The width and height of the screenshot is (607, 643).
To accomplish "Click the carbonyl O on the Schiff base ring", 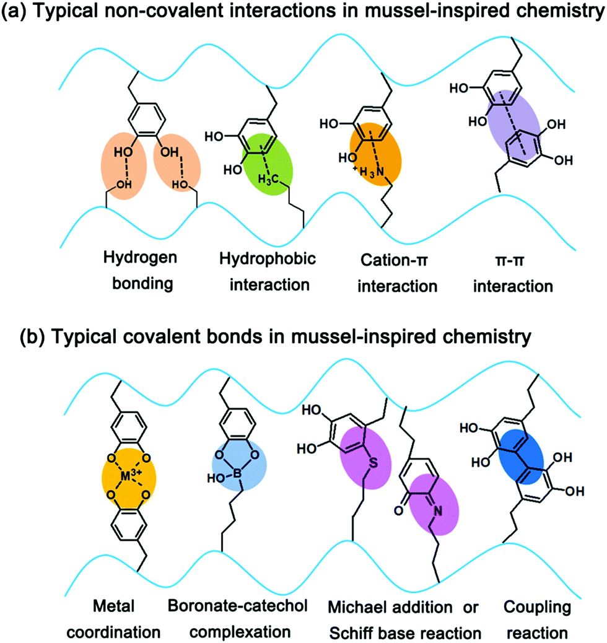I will tap(397, 511).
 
